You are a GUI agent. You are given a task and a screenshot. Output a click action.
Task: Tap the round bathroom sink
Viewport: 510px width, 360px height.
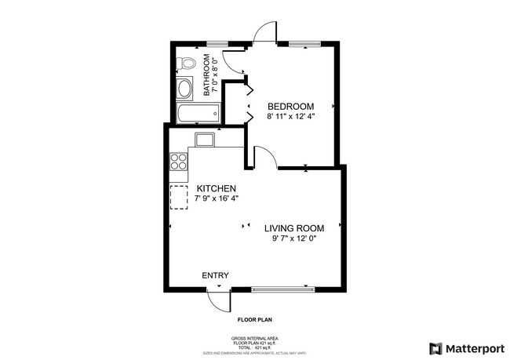[x=185, y=89]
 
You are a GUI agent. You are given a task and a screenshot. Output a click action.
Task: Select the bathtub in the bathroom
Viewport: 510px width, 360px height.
[x=197, y=115]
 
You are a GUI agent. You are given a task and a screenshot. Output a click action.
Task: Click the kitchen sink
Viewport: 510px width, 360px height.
[x=206, y=140]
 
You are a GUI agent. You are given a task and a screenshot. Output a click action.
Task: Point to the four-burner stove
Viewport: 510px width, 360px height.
[x=179, y=162]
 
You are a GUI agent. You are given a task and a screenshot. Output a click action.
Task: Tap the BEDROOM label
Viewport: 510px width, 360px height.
[x=291, y=107]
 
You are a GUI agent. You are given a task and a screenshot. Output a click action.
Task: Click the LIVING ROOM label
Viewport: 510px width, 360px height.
[x=293, y=228]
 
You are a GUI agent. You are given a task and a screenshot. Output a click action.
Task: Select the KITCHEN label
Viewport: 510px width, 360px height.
[x=217, y=189]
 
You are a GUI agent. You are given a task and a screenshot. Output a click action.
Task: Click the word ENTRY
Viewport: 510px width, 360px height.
[x=216, y=275]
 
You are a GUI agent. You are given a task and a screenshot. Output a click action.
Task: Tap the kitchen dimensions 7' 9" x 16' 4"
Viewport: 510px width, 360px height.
[x=217, y=199]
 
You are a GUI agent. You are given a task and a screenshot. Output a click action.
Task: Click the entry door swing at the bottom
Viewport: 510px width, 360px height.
[x=217, y=299]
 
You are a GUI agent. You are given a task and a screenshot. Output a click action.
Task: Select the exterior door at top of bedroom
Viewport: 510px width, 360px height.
[x=265, y=33]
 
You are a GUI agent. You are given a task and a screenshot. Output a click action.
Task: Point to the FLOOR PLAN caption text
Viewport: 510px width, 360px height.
[x=255, y=320]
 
